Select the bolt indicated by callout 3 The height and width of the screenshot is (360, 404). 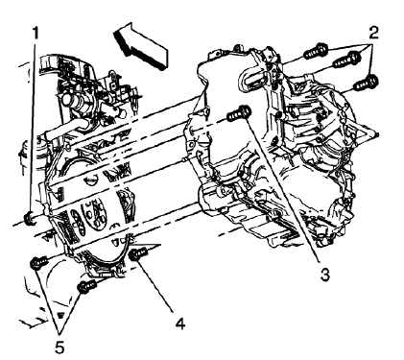(x=239, y=114)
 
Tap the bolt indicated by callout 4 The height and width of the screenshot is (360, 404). (x=141, y=254)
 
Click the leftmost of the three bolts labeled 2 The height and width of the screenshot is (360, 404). (x=314, y=49)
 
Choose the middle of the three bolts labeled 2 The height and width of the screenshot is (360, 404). (x=348, y=60)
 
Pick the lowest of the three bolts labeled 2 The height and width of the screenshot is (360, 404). (x=373, y=82)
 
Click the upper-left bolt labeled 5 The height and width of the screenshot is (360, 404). (x=37, y=261)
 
